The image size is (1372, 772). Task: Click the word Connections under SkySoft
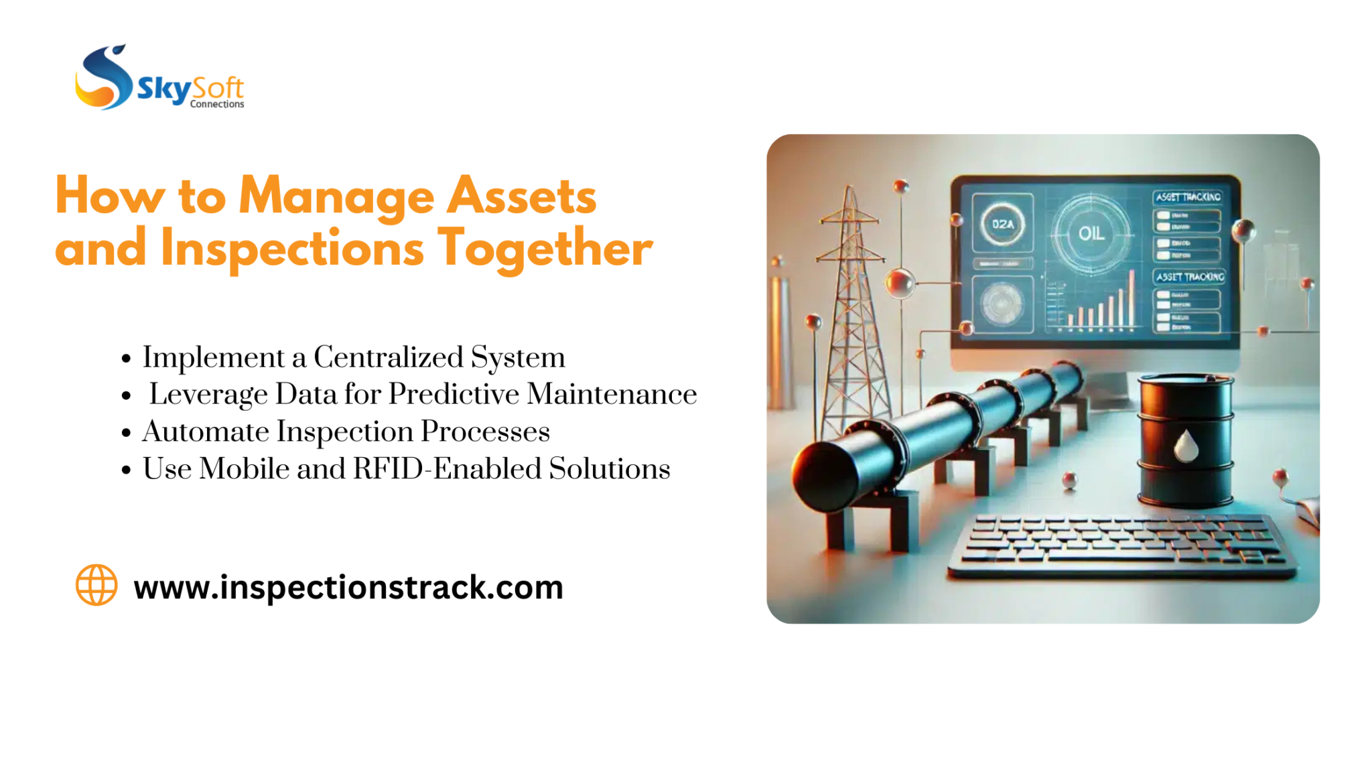[217, 104]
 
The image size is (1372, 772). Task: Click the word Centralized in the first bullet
[389, 357]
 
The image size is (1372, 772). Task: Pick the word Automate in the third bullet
[206, 432]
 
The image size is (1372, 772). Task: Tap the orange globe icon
[96, 585]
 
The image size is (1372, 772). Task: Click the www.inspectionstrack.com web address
[348, 587]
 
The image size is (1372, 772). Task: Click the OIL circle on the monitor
[1091, 233]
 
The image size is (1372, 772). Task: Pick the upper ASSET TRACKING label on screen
[1188, 197]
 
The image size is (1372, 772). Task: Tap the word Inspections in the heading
[292, 248]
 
